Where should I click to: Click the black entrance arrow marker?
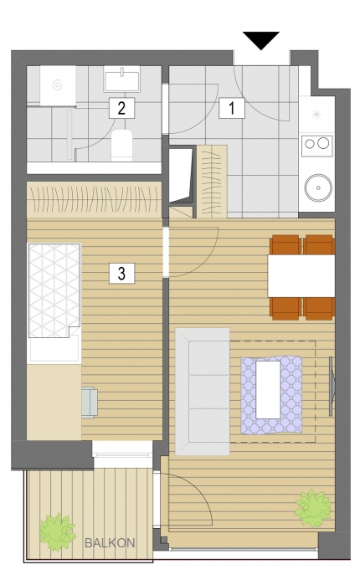[x=261, y=39]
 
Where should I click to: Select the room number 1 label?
[x=232, y=108]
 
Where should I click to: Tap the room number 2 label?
[x=121, y=108]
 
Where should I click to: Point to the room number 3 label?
[x=121, y=273]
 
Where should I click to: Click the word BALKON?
[x=110, y=543]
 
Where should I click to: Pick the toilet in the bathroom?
[x=122, y=145]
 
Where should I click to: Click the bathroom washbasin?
[x=122, y=80]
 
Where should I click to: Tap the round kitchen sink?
[x=318, y=187]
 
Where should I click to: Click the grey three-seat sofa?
[x=203, y=392]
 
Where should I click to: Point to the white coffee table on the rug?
[x=268, y=389]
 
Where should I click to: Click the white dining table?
[x=301, y=275]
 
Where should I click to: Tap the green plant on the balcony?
[x=57, y=532]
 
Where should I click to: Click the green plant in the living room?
[x=313, y=509]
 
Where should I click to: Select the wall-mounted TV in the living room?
[x=332, y=386]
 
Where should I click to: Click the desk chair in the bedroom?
[x=90, y=403]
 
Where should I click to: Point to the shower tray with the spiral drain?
[x=58, y=85]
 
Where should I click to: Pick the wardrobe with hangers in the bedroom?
[x=94, y=199]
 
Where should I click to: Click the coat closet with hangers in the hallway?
[x=212, y=182]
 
